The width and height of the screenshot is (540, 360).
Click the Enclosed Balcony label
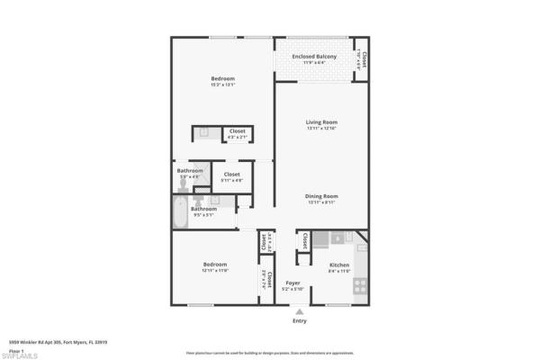(x=319, y=57)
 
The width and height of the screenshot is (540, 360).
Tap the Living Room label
(x=321, y=122)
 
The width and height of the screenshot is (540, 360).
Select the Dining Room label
(x=321, y=196)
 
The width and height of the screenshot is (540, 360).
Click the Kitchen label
(x=338, y=265)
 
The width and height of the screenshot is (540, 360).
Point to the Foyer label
(x=292, y=283)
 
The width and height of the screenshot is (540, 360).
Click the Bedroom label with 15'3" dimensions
(x=222, y=79)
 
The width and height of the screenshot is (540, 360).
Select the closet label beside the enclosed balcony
(x=364, y=58)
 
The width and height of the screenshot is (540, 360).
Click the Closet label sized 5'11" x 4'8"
(x=231, y=174)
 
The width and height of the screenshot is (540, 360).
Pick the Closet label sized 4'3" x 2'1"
(x=237, y=131)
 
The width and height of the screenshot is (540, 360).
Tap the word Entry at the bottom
(x=300, y=320)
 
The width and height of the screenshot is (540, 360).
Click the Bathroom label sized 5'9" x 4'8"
(x=190, y=171)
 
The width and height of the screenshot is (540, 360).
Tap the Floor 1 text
(x=17, y=349)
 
